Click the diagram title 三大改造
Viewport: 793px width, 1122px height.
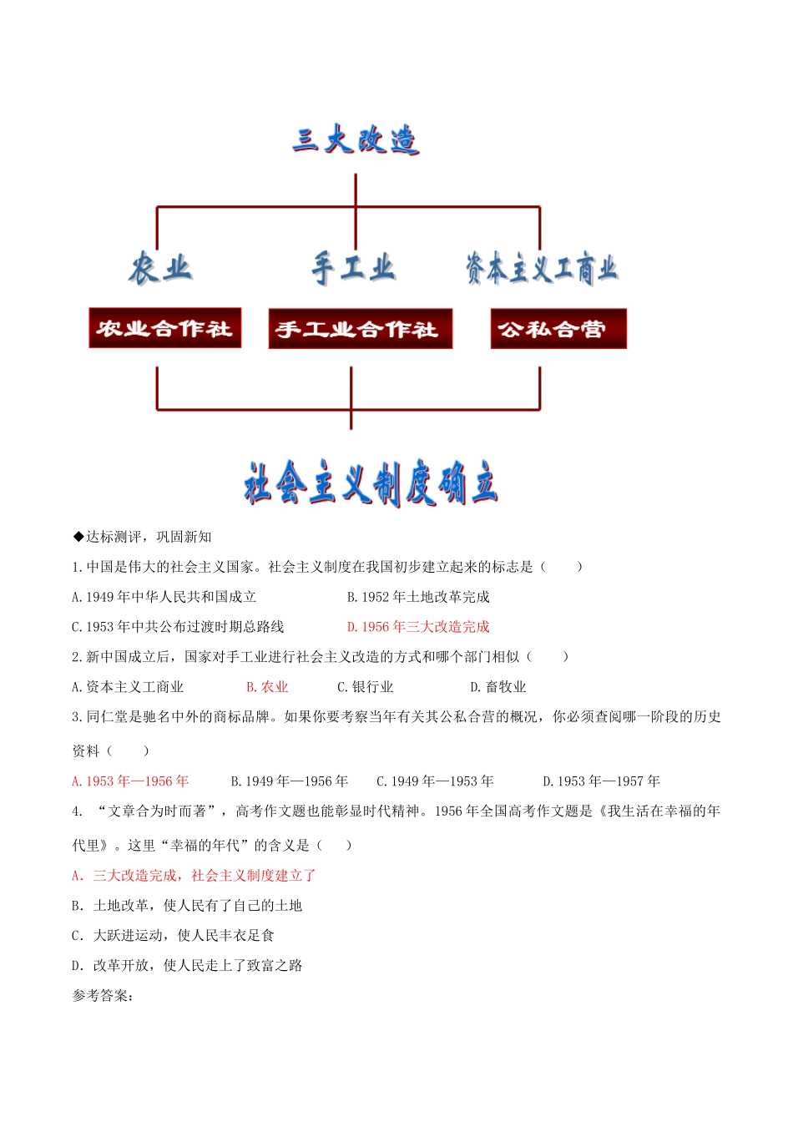coord(356,140)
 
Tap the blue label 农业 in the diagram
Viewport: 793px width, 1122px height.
coord(160,269)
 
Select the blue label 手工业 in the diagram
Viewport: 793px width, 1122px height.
coord(353,269)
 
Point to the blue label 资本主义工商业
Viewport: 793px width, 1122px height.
coord(541,269)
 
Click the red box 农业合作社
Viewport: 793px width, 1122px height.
coord(164,328)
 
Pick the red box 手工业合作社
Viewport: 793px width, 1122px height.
coord(359,329)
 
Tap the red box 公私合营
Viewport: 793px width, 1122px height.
coord(558,329)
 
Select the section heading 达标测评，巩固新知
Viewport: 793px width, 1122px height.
coord(143,537)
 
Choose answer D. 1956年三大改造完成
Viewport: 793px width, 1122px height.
coord(418,627)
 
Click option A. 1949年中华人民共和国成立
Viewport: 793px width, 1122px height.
coord(164,597)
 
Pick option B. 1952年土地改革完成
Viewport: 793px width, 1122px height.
coord(418,597)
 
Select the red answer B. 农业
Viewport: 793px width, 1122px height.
coord(267,687)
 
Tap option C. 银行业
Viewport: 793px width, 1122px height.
coord(365,687)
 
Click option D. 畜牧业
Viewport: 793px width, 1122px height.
coord(498,687)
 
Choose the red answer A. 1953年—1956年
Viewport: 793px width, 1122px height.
coord(131,781)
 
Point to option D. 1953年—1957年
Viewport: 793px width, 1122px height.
coord(601,781)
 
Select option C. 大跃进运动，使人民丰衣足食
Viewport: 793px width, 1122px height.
coord(174,936)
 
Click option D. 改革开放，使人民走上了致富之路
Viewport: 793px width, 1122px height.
coord(187,966)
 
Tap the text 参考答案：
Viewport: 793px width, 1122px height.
coord(103,996)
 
